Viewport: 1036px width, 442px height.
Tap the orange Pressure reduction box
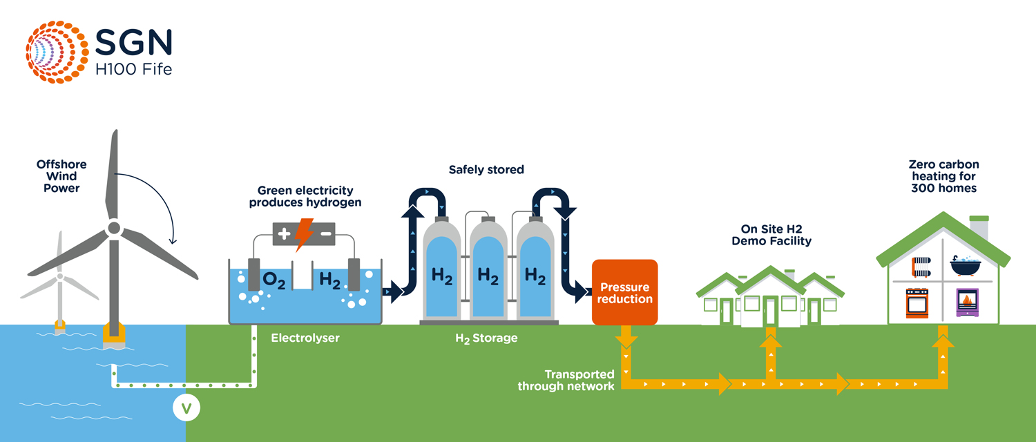coord(625,293)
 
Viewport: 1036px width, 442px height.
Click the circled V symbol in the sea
coord(186,408)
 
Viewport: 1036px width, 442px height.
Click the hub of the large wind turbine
coord(114,227)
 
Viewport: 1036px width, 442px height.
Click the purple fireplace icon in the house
coord(967,302)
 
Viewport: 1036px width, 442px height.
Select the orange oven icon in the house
coord(918,302)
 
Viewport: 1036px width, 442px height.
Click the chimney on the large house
coord(979,227)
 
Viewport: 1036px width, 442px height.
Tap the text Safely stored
coord(486,169)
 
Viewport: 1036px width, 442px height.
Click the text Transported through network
coord(566,380)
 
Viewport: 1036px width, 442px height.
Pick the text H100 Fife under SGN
coord(134,69)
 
